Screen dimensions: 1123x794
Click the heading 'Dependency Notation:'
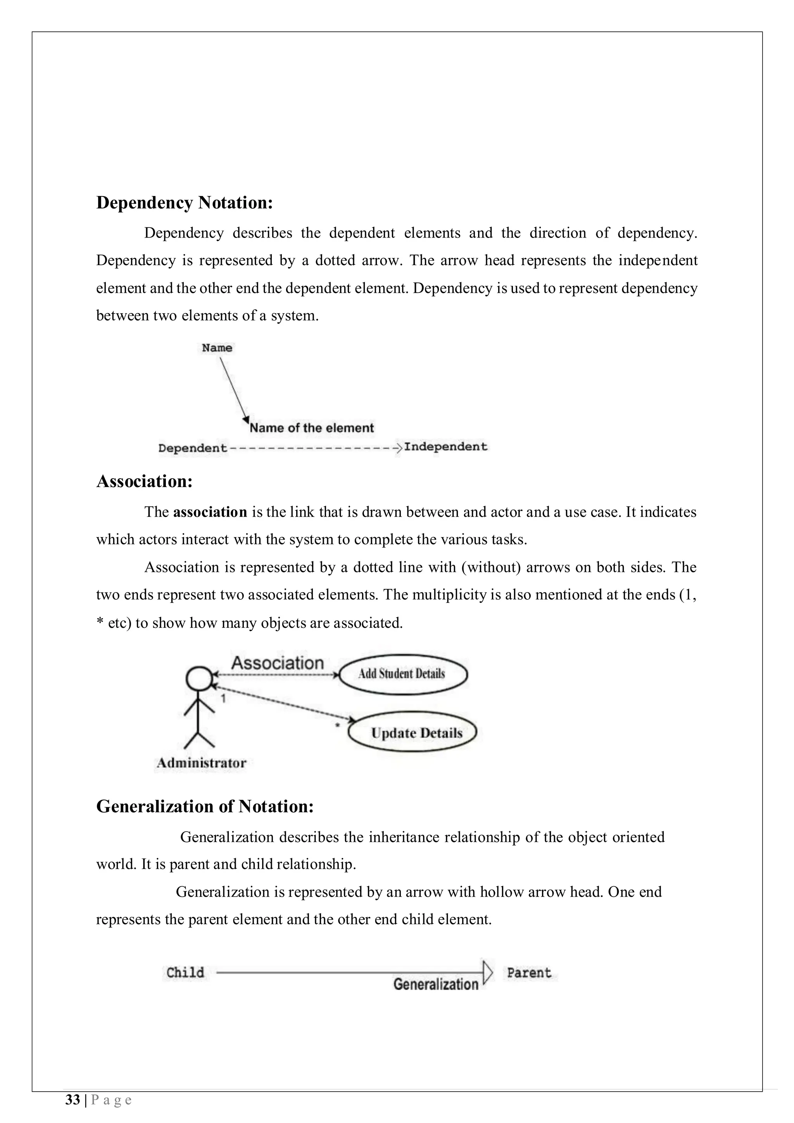click(x=185, y=203)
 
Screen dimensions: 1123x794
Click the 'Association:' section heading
click(x=144, y=481)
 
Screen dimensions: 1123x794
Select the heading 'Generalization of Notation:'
click(x=204, y=806)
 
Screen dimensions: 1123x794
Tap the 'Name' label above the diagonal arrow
click(x=217, y=348)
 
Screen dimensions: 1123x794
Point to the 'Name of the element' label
click(x=312, y=428)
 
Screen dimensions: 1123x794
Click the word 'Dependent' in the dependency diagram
click(x=192, y=448)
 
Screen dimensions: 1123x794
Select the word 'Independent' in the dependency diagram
click(x=446, y=446)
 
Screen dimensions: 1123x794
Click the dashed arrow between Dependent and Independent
click(x=313, y=448)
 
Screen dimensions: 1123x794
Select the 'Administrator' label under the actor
click(x=201, y=763)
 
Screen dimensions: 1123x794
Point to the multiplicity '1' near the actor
click(x=223, y=698)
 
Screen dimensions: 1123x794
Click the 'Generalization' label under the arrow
click(x=435, y=984)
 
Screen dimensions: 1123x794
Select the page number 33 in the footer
click(x=72, y=1101)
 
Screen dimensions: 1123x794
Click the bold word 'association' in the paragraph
click(x=210, y=512)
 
